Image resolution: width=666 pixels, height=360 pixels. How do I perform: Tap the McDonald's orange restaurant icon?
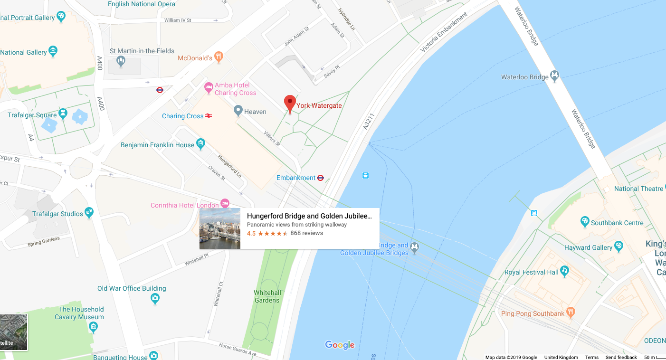point(219,57)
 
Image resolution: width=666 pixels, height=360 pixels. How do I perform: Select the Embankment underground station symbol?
point(321,178)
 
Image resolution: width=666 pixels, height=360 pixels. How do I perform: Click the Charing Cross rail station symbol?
point(208,116)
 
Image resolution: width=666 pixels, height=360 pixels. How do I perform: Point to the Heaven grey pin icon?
point(238,111)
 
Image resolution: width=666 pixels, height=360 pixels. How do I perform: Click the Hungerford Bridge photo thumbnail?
point(220,228)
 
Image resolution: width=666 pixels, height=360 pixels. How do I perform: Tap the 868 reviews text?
point(306,233)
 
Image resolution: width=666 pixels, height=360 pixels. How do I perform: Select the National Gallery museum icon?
point(53,51)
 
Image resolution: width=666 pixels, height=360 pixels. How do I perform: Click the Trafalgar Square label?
point(32,115)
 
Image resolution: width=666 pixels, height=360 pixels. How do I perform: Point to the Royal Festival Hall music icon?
point(564,271)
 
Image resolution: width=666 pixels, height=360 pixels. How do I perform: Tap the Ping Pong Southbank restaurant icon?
point(571,312)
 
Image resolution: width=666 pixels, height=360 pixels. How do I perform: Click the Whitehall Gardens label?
point(267,296)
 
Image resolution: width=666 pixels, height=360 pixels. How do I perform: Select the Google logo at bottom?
point(340,345)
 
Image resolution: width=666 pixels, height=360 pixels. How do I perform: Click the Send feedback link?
point(621,357)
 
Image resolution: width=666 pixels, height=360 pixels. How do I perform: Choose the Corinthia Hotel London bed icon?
point(225,203)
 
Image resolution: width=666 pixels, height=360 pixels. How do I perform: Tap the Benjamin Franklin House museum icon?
point(200,143)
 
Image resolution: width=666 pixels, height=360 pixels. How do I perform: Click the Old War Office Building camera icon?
point(155,298)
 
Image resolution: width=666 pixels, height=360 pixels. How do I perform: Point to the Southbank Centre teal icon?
point(585,221)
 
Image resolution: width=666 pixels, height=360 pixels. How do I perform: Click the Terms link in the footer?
point(591,357)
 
